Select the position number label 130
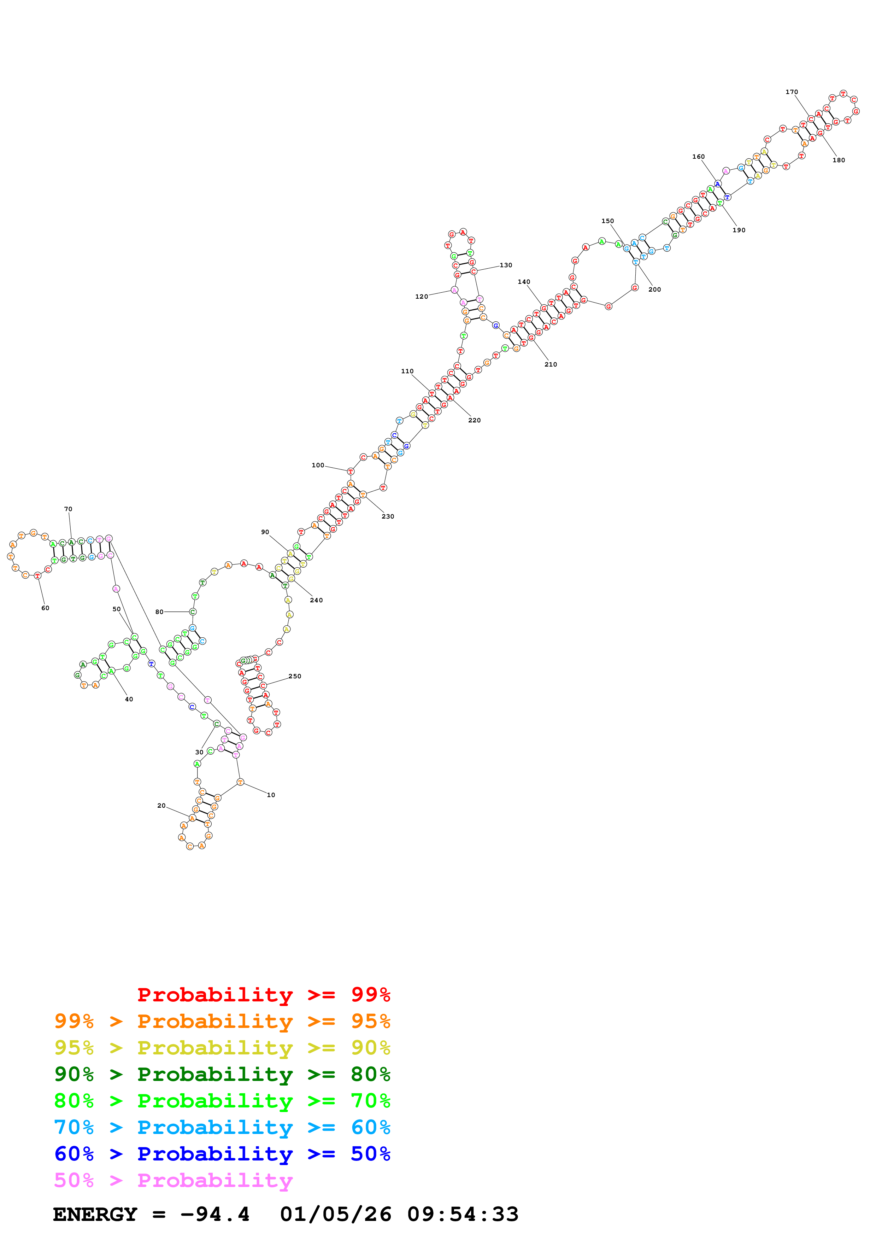tap(506, 265)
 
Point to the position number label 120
tap(422, 297)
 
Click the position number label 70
tap(68, 509)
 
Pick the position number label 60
tap(45, 608)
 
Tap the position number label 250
tap(295, 676)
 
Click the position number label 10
tap(271, 795)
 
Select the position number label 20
tap(161, 806)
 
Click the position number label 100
tap(318, 465)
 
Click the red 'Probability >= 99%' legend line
tap(263, 995)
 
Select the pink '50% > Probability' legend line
tap(173, 1181)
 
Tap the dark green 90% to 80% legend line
tap(222, 1074)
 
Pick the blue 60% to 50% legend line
tap(222, 1154)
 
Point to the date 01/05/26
tap(335, 1215)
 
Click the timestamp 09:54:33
tap(463, 1215)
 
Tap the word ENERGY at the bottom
tap(95, 1215)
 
